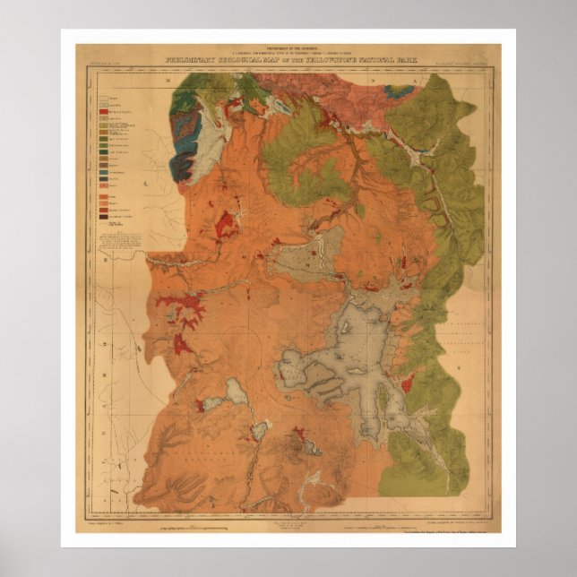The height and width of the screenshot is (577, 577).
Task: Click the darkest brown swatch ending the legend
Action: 104,217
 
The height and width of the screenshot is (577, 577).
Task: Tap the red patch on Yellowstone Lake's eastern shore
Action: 406,385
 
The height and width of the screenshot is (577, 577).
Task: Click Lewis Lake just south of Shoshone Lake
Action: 260,431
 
